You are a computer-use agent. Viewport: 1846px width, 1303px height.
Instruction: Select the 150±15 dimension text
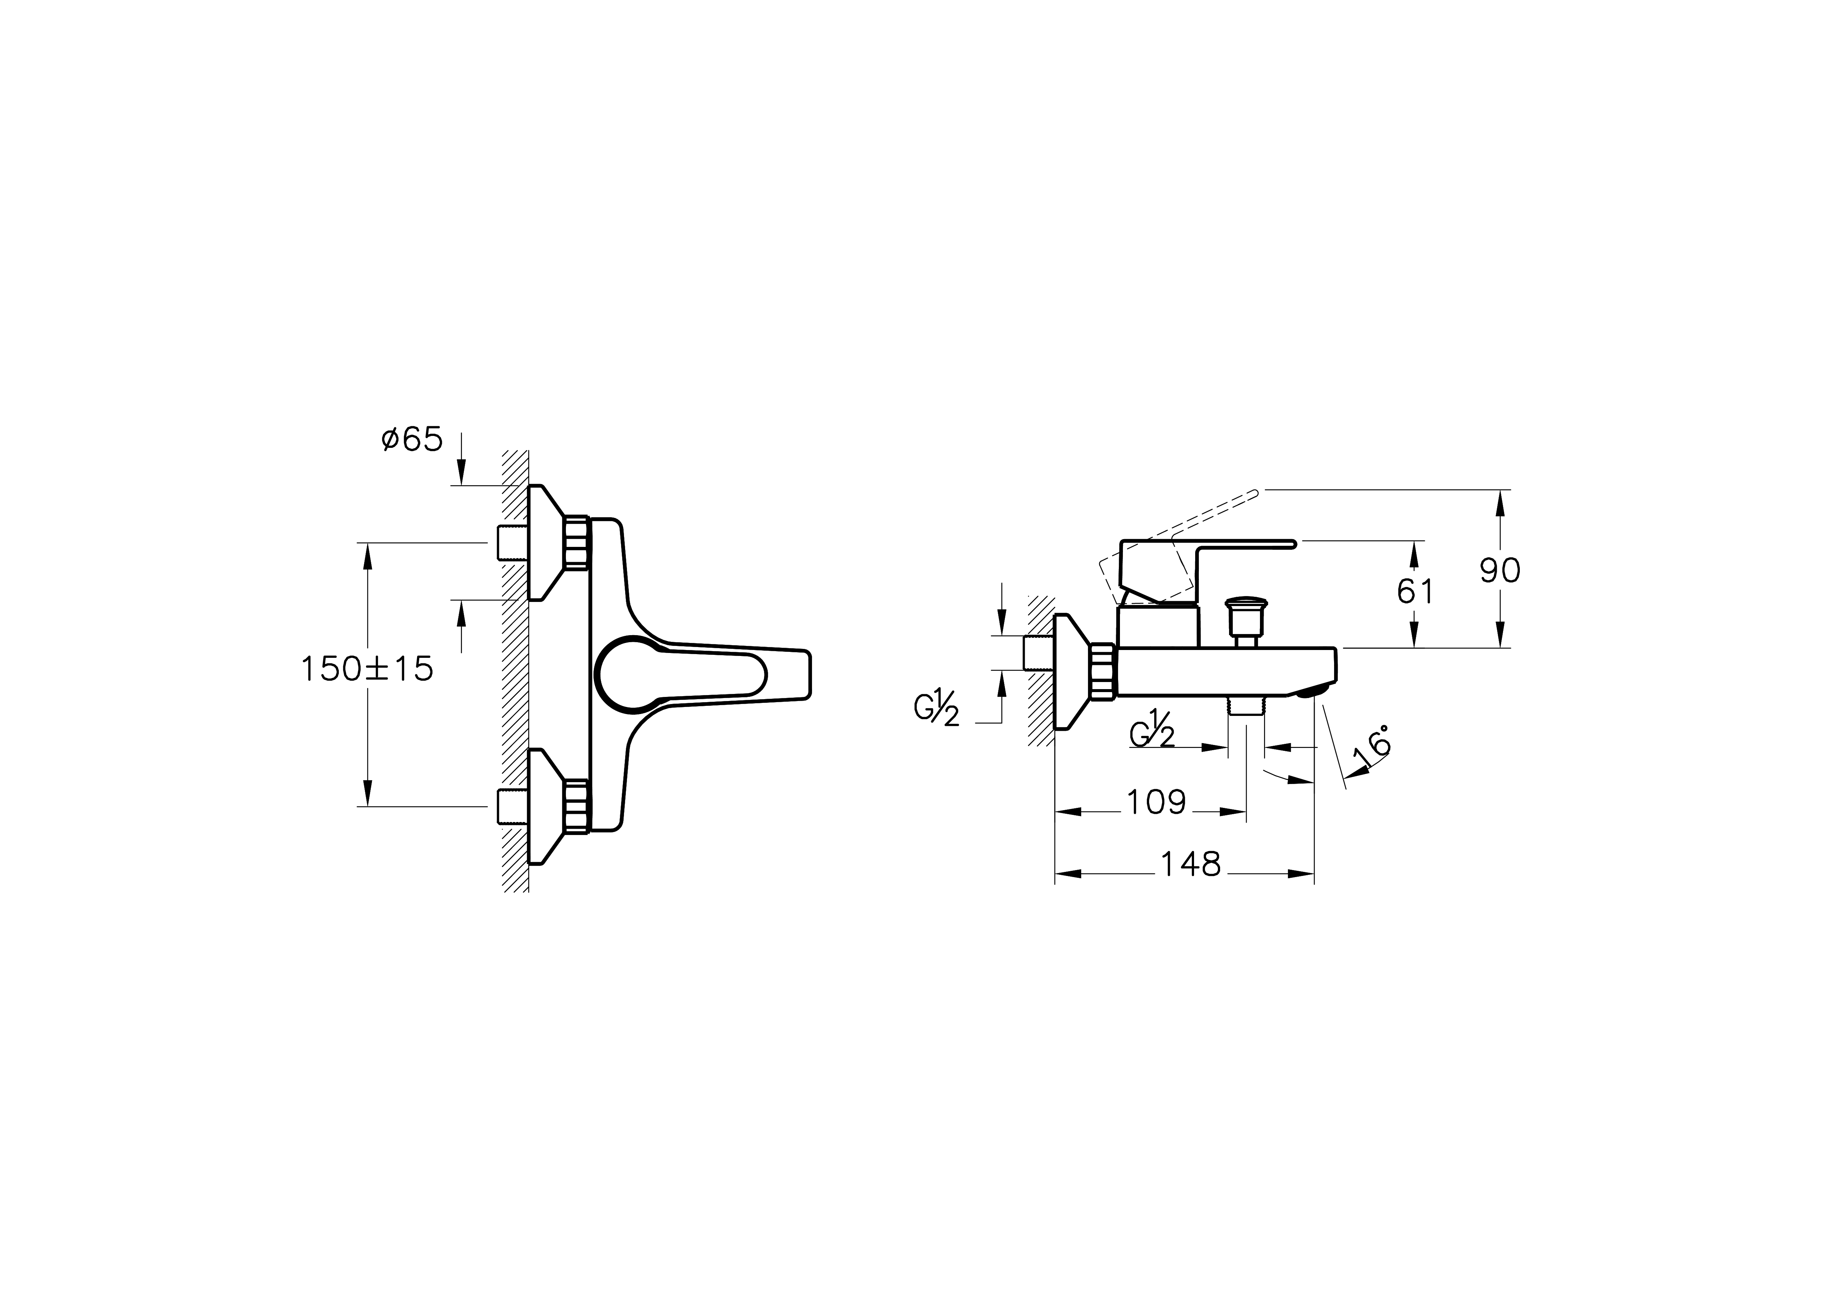tap(367, 669)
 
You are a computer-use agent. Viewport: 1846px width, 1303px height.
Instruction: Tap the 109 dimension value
tap(1156, 802)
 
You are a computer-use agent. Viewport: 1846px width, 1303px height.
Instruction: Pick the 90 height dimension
tap(1500, 571)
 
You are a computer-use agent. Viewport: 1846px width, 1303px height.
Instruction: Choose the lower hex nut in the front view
tap(576, 805)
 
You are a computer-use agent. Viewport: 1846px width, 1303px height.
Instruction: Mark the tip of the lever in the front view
tap(811, 673)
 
